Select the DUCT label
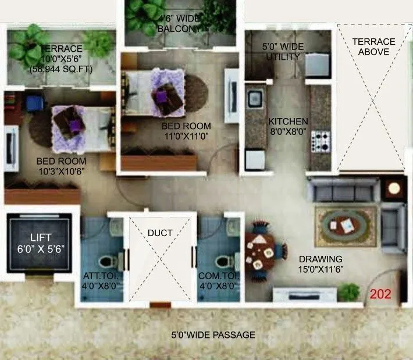[x=160, y=233]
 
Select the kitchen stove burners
[x=321, y=140]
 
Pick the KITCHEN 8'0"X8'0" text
[x=288, y=127]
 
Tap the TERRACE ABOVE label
[x=373, y=47]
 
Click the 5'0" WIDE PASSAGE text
[x=213, y=335]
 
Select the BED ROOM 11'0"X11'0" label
[x=186, y=131]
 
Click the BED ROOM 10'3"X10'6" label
[x=61, y=166]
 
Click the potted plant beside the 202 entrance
[x=349, y=291]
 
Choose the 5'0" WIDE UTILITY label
[x=281, y=52]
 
